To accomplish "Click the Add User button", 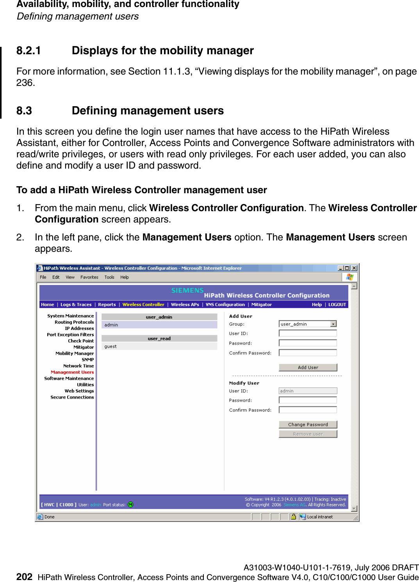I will point(308,367).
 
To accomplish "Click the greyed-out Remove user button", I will point(308,434).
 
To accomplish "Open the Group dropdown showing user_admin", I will point(333,324).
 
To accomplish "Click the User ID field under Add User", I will point(308,333).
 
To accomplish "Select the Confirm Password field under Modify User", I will point(308,410).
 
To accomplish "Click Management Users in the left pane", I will point(72,372).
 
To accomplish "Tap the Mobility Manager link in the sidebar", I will point(75,353).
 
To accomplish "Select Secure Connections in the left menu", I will point(72,397).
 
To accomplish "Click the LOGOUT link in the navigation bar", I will point(337,304).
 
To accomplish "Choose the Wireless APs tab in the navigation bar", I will point(185,304).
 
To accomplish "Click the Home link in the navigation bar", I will point(48,304).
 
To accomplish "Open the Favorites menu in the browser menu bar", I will point(89,277).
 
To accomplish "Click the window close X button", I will point(354,268).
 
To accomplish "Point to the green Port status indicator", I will point(131,505).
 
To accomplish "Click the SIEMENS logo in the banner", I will point(187,290).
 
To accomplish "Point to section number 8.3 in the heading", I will point(24,111).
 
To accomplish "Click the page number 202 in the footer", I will point(24,577).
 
